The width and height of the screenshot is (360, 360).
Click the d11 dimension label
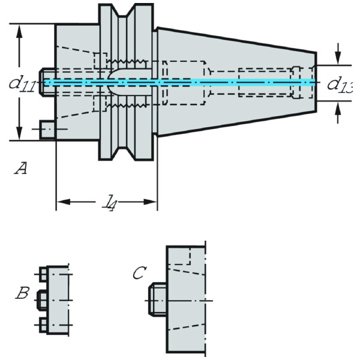pyautogui.click(x=22, y=83)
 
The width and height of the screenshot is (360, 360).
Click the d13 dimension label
pyautogui.click(x=339, y=84)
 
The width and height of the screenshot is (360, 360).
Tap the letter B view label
pyautogui.click(x=23, y=294)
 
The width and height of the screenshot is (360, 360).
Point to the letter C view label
pyautogui.click(x=139, y=274)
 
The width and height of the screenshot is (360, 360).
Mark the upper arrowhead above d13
pyautogui.click(x=338, y=58)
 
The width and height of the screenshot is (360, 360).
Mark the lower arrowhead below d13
pyautogui.click(x=338, y=109)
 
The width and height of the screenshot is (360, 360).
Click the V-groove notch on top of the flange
pyautogui.click(x=127, y=12)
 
